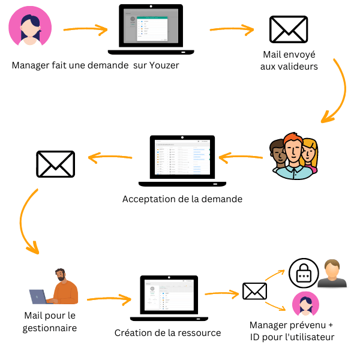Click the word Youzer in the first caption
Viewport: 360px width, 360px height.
click(163, 65)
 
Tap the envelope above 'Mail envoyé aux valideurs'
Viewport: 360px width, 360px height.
click(289, 30)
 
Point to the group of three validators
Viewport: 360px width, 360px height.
click(292, 155)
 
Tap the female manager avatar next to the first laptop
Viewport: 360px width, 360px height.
click(30, 27)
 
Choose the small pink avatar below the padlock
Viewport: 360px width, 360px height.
click(305, 305)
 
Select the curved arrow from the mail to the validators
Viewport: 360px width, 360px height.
click(337, 90)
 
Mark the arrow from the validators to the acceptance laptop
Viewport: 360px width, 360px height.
click(240, 158)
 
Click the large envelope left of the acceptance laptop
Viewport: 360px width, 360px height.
click(56, 163)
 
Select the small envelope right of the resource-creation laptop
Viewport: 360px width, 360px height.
click(254, 292)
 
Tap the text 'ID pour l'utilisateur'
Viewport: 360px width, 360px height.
click(292, 337)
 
